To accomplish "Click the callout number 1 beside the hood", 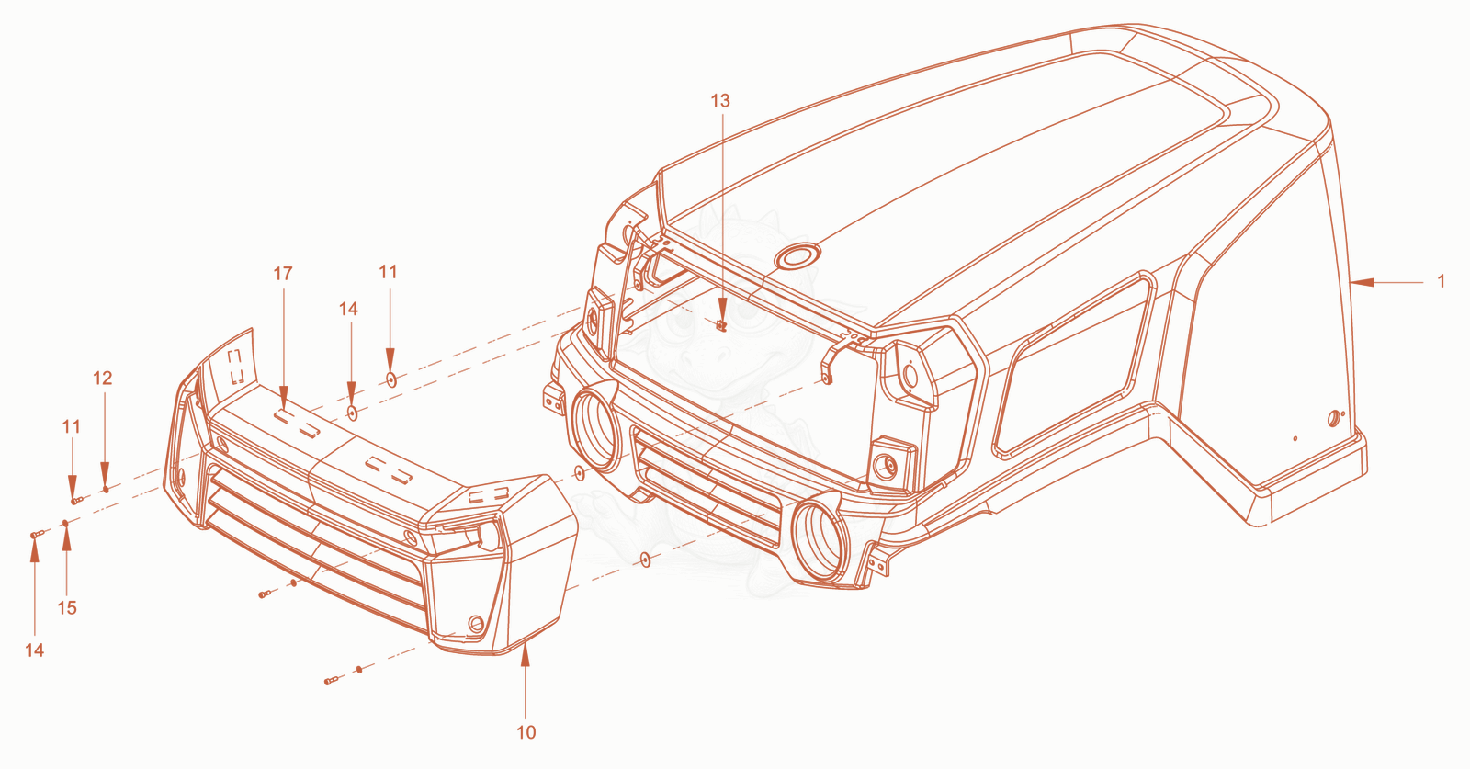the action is (1442, 281).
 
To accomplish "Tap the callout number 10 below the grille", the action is (526, 732).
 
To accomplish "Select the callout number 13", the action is (720, 100).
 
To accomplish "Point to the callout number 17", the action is (283, 274).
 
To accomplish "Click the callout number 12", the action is (102, 378).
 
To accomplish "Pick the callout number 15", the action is (67, 607).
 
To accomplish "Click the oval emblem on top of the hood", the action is (797, 256).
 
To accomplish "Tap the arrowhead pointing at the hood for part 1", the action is (1363, 283).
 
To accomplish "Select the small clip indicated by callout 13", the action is (722, 325).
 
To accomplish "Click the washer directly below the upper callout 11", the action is (391, 379).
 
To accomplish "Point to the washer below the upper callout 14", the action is (353, 413).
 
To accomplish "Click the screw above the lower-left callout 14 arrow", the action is (37, 535).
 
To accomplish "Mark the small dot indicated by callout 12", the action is (107, 489).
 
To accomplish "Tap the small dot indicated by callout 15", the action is (65, 523).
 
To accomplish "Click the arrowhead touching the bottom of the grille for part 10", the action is (525, 655).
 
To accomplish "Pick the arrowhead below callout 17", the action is (284, 398).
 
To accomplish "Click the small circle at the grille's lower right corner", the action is (476, 623).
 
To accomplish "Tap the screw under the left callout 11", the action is (76, 501).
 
